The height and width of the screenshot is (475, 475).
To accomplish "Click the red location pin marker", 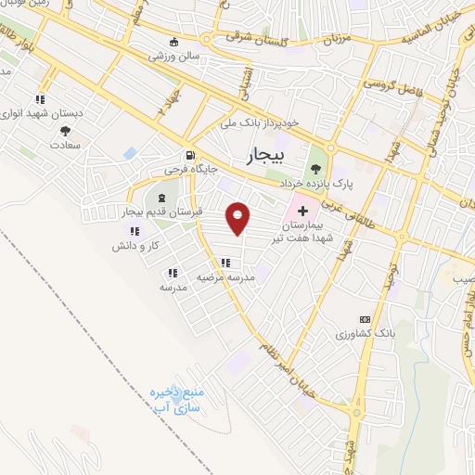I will coord(239,219).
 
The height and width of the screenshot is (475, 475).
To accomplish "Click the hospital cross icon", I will coord(302,212).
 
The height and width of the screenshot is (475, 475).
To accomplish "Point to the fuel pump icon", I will coord(190,156).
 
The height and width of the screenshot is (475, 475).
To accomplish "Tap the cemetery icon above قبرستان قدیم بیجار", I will coord(163,199).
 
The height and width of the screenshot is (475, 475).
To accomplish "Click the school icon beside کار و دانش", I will coord(135,231).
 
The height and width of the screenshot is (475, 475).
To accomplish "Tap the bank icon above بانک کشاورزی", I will coord(363,318).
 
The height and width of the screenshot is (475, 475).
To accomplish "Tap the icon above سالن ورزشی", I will coord(174,41).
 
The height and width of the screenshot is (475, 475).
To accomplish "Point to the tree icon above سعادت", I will coord(65,131).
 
